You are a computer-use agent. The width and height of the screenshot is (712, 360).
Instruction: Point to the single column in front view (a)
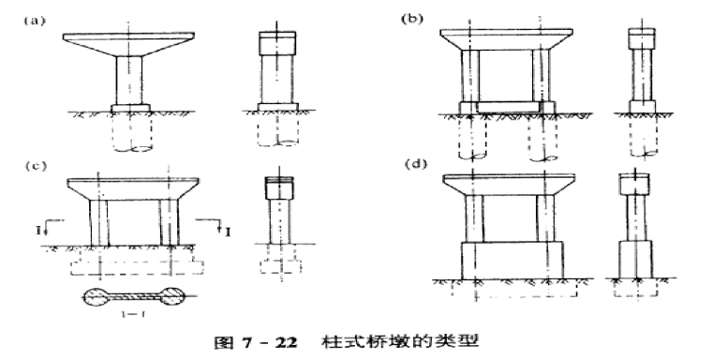coord(128,80)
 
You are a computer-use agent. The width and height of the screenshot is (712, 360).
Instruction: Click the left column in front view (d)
coord(475,217)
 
